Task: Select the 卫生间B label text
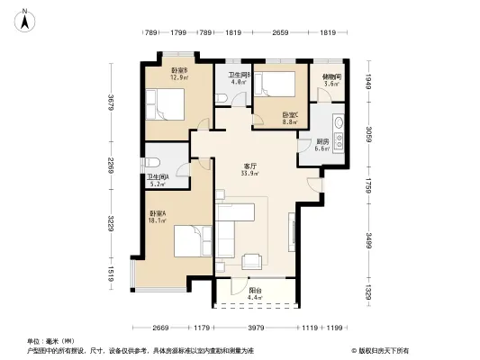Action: coord(239,75)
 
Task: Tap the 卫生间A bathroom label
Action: coord(158,178)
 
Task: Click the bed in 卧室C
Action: coord(273,85)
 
